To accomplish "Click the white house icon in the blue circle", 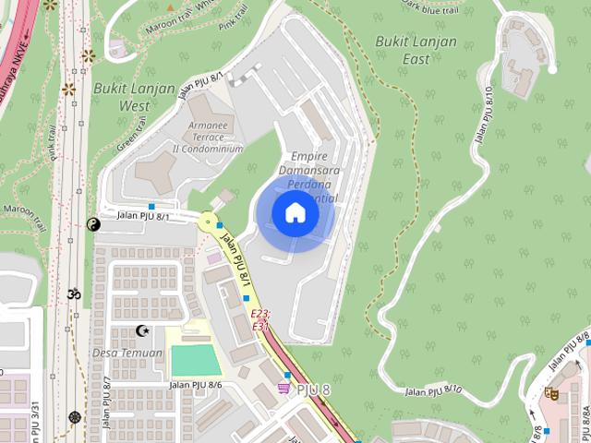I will coord(295,213).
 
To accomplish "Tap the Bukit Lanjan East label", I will coord(416,50).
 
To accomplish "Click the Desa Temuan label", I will coord(127,353).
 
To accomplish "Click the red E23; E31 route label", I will coord(260,320).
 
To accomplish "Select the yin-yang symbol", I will coord(92,223).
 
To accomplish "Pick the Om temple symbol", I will coord(73,294).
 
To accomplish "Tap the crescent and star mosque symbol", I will coord(142,330).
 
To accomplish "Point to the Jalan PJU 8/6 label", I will coord(195,385).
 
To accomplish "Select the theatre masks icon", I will coord(551,393).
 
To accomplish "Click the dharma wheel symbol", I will coord(75,417).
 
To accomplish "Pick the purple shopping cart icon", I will coord(283,389).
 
